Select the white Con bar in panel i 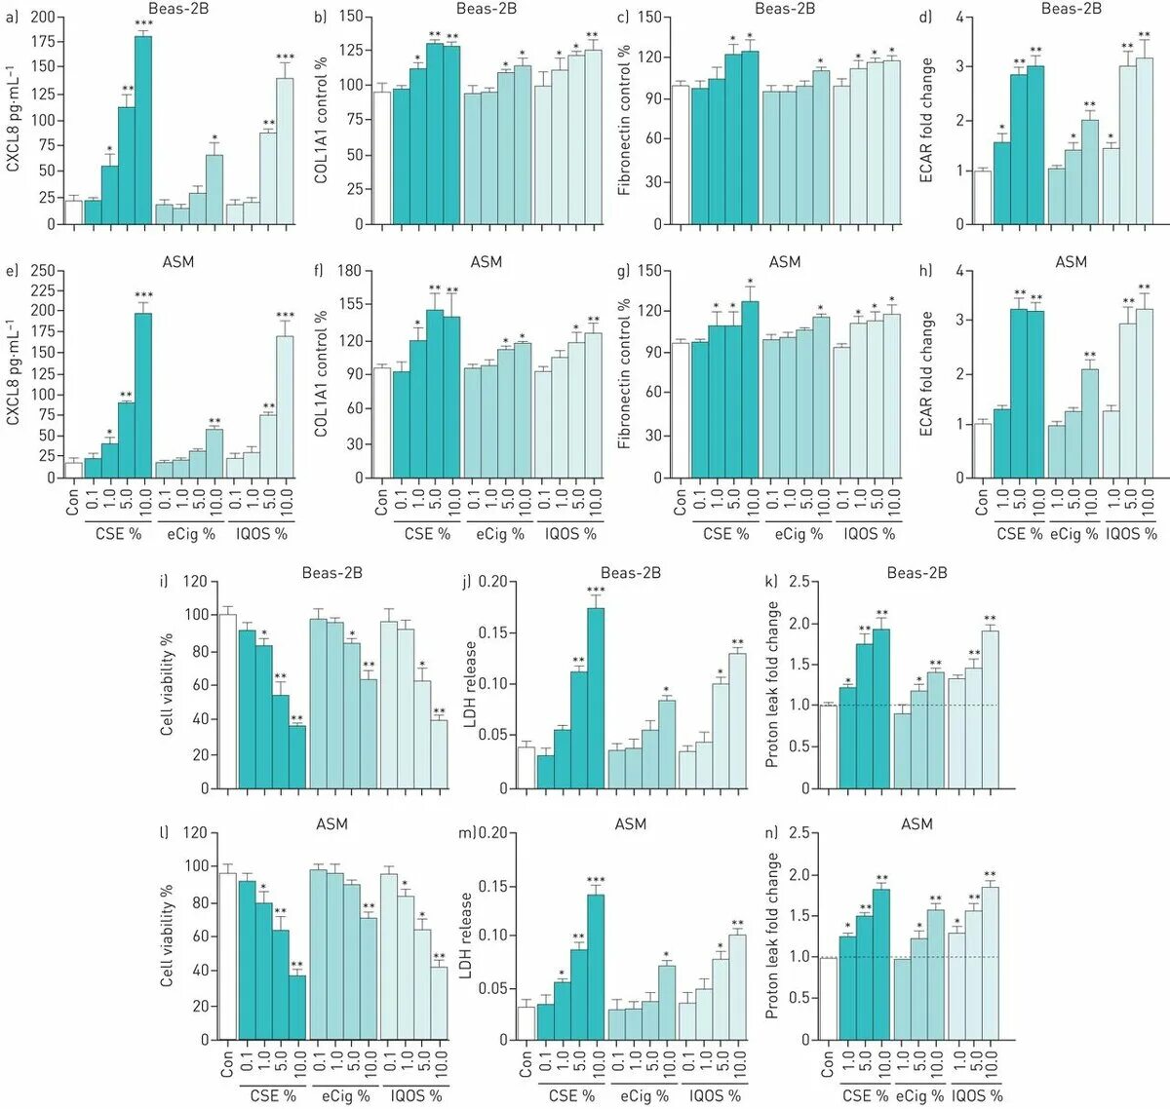228,701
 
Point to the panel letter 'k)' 771,582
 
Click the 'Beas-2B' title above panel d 1071,9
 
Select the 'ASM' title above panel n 916,824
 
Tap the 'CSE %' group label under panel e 118,534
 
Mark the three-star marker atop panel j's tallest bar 596,591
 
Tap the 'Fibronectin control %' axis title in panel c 624,120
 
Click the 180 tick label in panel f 348,271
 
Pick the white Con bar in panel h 983,450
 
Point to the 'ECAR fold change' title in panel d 926,120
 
